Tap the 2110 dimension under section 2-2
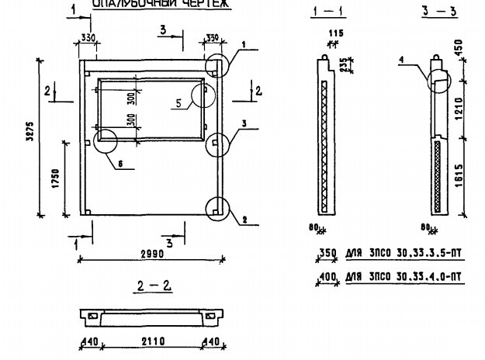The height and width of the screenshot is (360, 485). (149, 341)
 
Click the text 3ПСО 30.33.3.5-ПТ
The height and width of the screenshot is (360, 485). (411, 254)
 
